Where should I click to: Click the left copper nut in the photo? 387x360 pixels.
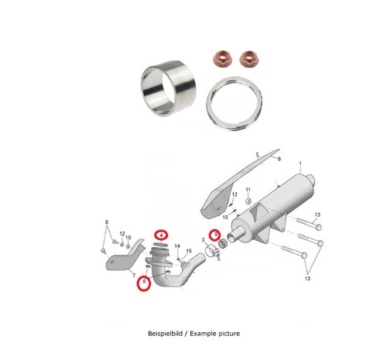point(223,58)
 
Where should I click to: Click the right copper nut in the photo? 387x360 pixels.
point(249,58)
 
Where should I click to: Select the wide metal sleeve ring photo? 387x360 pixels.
point(168,88)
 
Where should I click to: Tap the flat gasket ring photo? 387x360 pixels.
point(235,104)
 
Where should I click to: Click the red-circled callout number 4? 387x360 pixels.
point(161,235)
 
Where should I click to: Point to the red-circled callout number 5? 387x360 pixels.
point(144,282)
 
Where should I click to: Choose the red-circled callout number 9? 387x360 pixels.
point(215,235)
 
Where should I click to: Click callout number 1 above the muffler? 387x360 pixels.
point(300,163)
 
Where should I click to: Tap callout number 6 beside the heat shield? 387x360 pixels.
point(279,159)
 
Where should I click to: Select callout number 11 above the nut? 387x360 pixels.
point(248,190)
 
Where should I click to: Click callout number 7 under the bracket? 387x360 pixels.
point(134,276)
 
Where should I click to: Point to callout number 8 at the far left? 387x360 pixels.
point(107,221)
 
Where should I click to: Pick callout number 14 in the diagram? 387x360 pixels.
point(177,246)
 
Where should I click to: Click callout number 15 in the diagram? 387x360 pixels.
point(189,251)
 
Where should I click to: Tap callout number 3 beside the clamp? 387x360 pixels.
point(203,240)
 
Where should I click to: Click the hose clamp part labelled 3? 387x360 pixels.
point(213,252)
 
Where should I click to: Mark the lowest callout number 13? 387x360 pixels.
point(307,278)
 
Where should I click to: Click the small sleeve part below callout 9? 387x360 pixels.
point(222,243)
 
